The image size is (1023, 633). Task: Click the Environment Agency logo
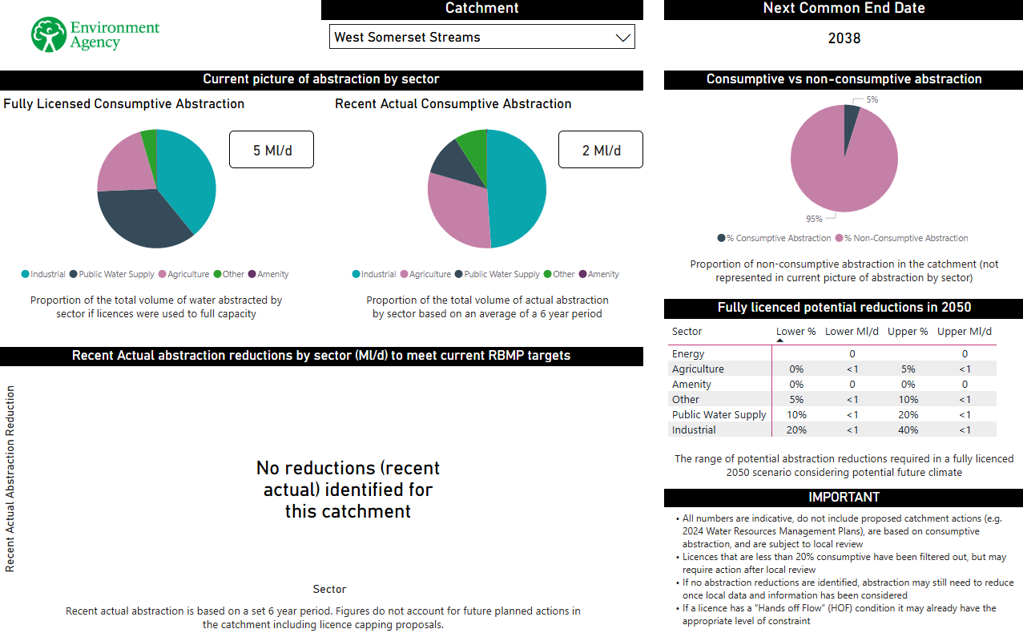click(x=95, y=34)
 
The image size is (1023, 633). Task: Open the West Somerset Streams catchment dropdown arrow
click(x=622, y=37)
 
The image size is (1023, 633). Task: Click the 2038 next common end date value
click(x=844, y=38)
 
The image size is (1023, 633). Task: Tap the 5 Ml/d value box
click(x=271, y=150)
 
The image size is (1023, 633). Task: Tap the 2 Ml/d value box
click(x=600, y=150)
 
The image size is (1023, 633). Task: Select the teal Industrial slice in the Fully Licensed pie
click(x=188, y=176)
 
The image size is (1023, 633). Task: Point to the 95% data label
click(x=814, y=219)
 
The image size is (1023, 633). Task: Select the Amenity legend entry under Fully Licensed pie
click(x=268, y=274)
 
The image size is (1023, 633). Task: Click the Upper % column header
click(x=908, y=332)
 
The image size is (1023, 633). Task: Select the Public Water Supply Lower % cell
click(x=796, y=415)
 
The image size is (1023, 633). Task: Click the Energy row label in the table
click(x=688, y=354)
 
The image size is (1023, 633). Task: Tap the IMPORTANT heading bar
click(x=844, y=498)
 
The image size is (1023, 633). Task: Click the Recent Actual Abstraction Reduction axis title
click(x=10, y=479)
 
